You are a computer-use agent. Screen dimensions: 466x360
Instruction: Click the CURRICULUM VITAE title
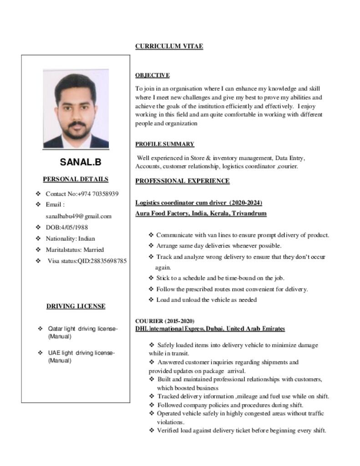pyautogui.click(x=169, y=46)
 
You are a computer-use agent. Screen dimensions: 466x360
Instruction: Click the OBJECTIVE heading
pyautogui.click(x=152, y=75)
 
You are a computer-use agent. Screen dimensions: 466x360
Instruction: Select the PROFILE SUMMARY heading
pyautogui.click(x=164, y=144)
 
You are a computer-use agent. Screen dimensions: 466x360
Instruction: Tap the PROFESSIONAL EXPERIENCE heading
pyautogui.click(x=182, y=181)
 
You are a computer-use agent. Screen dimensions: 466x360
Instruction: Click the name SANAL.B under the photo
pyautogui.click(x=81, y=162)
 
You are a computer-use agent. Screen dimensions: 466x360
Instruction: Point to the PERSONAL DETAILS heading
pyautogui.click(x=76, y=179)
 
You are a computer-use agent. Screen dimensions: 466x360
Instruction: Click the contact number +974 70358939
pyautogui.click(x=98, y=194)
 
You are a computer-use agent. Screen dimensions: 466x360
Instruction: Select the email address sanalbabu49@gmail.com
pyautogui.click(x=78, y=216)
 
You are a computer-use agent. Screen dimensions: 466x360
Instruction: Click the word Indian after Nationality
pyautogui.click(x=86, y=238)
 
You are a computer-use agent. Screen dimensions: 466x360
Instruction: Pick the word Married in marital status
pyautogui.click(x=93, y=249)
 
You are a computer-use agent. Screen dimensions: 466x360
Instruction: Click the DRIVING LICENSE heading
pyautogui.click(x=76, y=306)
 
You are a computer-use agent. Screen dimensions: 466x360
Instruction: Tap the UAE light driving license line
pyautogui.click(x=81, y=353)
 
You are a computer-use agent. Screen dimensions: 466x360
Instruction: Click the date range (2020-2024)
pyautogui.click(x=245, y=203)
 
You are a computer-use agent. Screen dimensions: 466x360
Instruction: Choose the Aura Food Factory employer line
pyautogui.click(x=201, y=213)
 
